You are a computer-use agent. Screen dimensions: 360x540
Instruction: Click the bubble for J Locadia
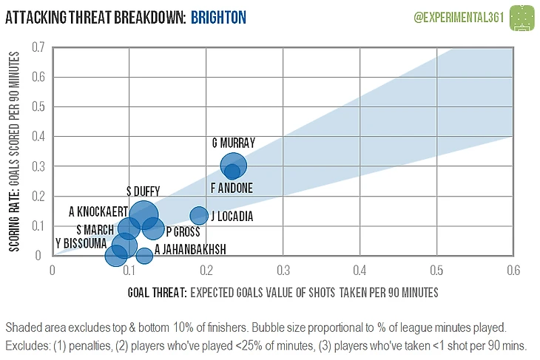[x=198, y=216]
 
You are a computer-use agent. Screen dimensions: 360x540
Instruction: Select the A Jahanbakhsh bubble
[x=144, y=257]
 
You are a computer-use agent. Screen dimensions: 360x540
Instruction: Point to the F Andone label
[x=232, y=189]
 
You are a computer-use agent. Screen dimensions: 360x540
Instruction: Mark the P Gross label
[x=183, y=231]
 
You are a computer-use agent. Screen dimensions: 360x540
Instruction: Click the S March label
[x=95, y=229]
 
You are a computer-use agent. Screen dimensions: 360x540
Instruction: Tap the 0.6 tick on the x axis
[x=511, y=270]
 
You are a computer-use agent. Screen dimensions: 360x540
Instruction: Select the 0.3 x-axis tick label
[x=283, y=270]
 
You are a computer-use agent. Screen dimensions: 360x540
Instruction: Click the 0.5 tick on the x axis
[x=436, y=270]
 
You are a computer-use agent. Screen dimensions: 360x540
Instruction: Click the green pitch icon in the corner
[x=523, y=16]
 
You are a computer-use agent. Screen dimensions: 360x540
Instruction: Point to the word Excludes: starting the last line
[x=27, y=345]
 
